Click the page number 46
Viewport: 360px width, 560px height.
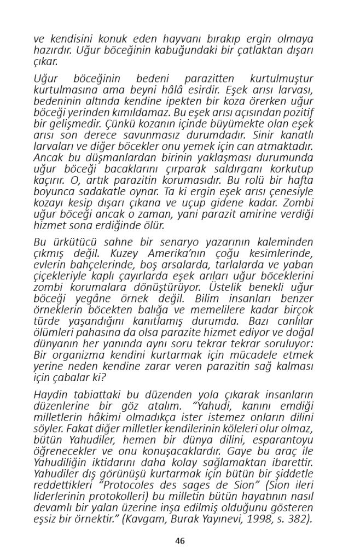click(180, 541)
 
